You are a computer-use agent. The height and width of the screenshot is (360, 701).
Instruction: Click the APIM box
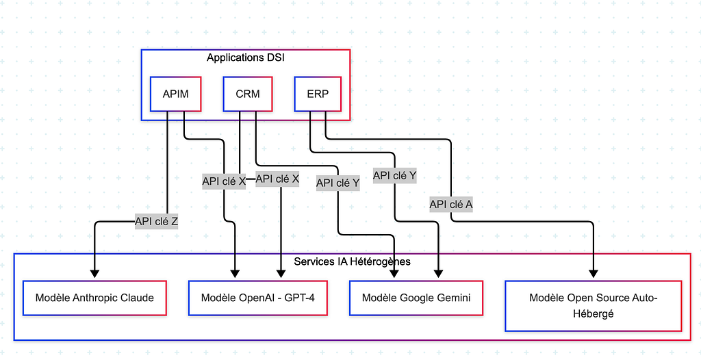(176, 94)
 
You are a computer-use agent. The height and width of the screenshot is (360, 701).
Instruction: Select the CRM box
(248, 94)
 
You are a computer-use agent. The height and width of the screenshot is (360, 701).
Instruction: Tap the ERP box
(318, 94)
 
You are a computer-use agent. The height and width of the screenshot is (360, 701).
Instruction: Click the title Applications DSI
(246, 57)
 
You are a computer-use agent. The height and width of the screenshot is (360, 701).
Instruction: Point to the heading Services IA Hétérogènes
(353, 261)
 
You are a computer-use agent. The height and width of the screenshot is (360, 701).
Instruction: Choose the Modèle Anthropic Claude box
(94, 298)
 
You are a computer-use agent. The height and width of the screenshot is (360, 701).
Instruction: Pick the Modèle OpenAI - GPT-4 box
(258, 298)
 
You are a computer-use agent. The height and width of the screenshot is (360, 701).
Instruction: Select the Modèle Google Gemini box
(416, 298)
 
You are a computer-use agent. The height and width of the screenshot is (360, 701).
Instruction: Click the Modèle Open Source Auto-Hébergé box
(594, 306)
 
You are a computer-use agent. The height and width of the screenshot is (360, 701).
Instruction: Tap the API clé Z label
(157, 221)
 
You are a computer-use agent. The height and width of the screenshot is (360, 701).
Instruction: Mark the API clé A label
(451, 205)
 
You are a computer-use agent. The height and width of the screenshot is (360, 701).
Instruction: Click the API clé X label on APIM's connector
(224, 181)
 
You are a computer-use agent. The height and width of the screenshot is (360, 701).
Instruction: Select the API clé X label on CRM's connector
(277, 179)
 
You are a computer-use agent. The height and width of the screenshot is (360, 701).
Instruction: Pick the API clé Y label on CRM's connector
(338, 183)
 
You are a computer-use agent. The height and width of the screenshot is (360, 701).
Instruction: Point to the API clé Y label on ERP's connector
(395, 176)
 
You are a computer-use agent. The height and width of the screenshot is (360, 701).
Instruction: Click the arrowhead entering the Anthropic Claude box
(94, 274)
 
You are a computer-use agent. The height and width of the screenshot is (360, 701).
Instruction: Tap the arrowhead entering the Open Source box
(594, 274)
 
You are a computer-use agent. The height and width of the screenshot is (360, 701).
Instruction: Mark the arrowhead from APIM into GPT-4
(235, 274)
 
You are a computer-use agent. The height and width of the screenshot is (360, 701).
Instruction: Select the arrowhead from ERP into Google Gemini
(439, 274)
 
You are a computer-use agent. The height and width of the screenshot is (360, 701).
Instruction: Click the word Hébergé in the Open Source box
(594, 314)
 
